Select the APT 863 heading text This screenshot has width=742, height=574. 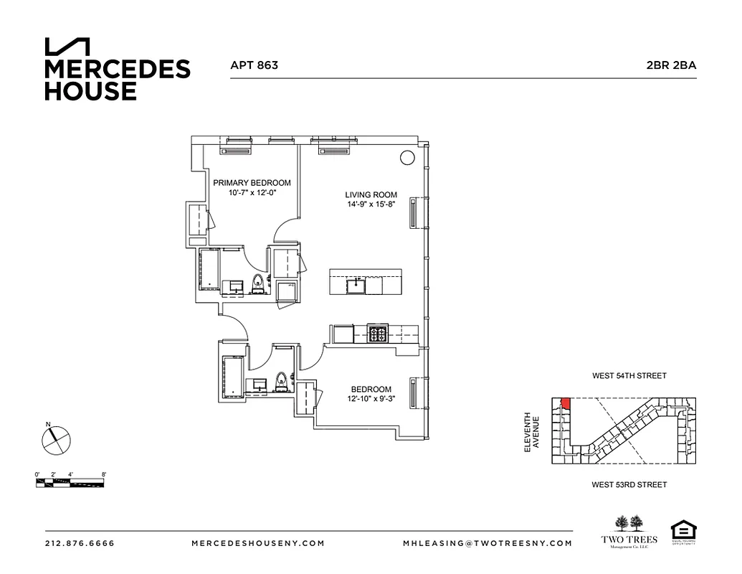pos(254,65)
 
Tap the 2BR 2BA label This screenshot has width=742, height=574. pos(671,65)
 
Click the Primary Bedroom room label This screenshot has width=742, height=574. pos(252,183)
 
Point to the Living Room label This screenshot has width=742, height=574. pos(371,194)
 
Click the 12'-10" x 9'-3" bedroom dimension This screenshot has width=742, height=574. pos(371,399)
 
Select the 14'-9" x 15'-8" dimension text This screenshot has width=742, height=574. pos(371,204)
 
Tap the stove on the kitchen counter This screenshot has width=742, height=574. pos(377,334)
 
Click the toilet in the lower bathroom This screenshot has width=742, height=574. pos(282,382)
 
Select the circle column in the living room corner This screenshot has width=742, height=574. pos(406,159)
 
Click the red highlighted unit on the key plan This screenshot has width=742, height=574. pos(565,404)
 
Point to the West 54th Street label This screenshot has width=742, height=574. pos(629,376)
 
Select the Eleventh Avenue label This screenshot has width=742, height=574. pos(530,431)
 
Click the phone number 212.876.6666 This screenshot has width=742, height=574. pos(80,543)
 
